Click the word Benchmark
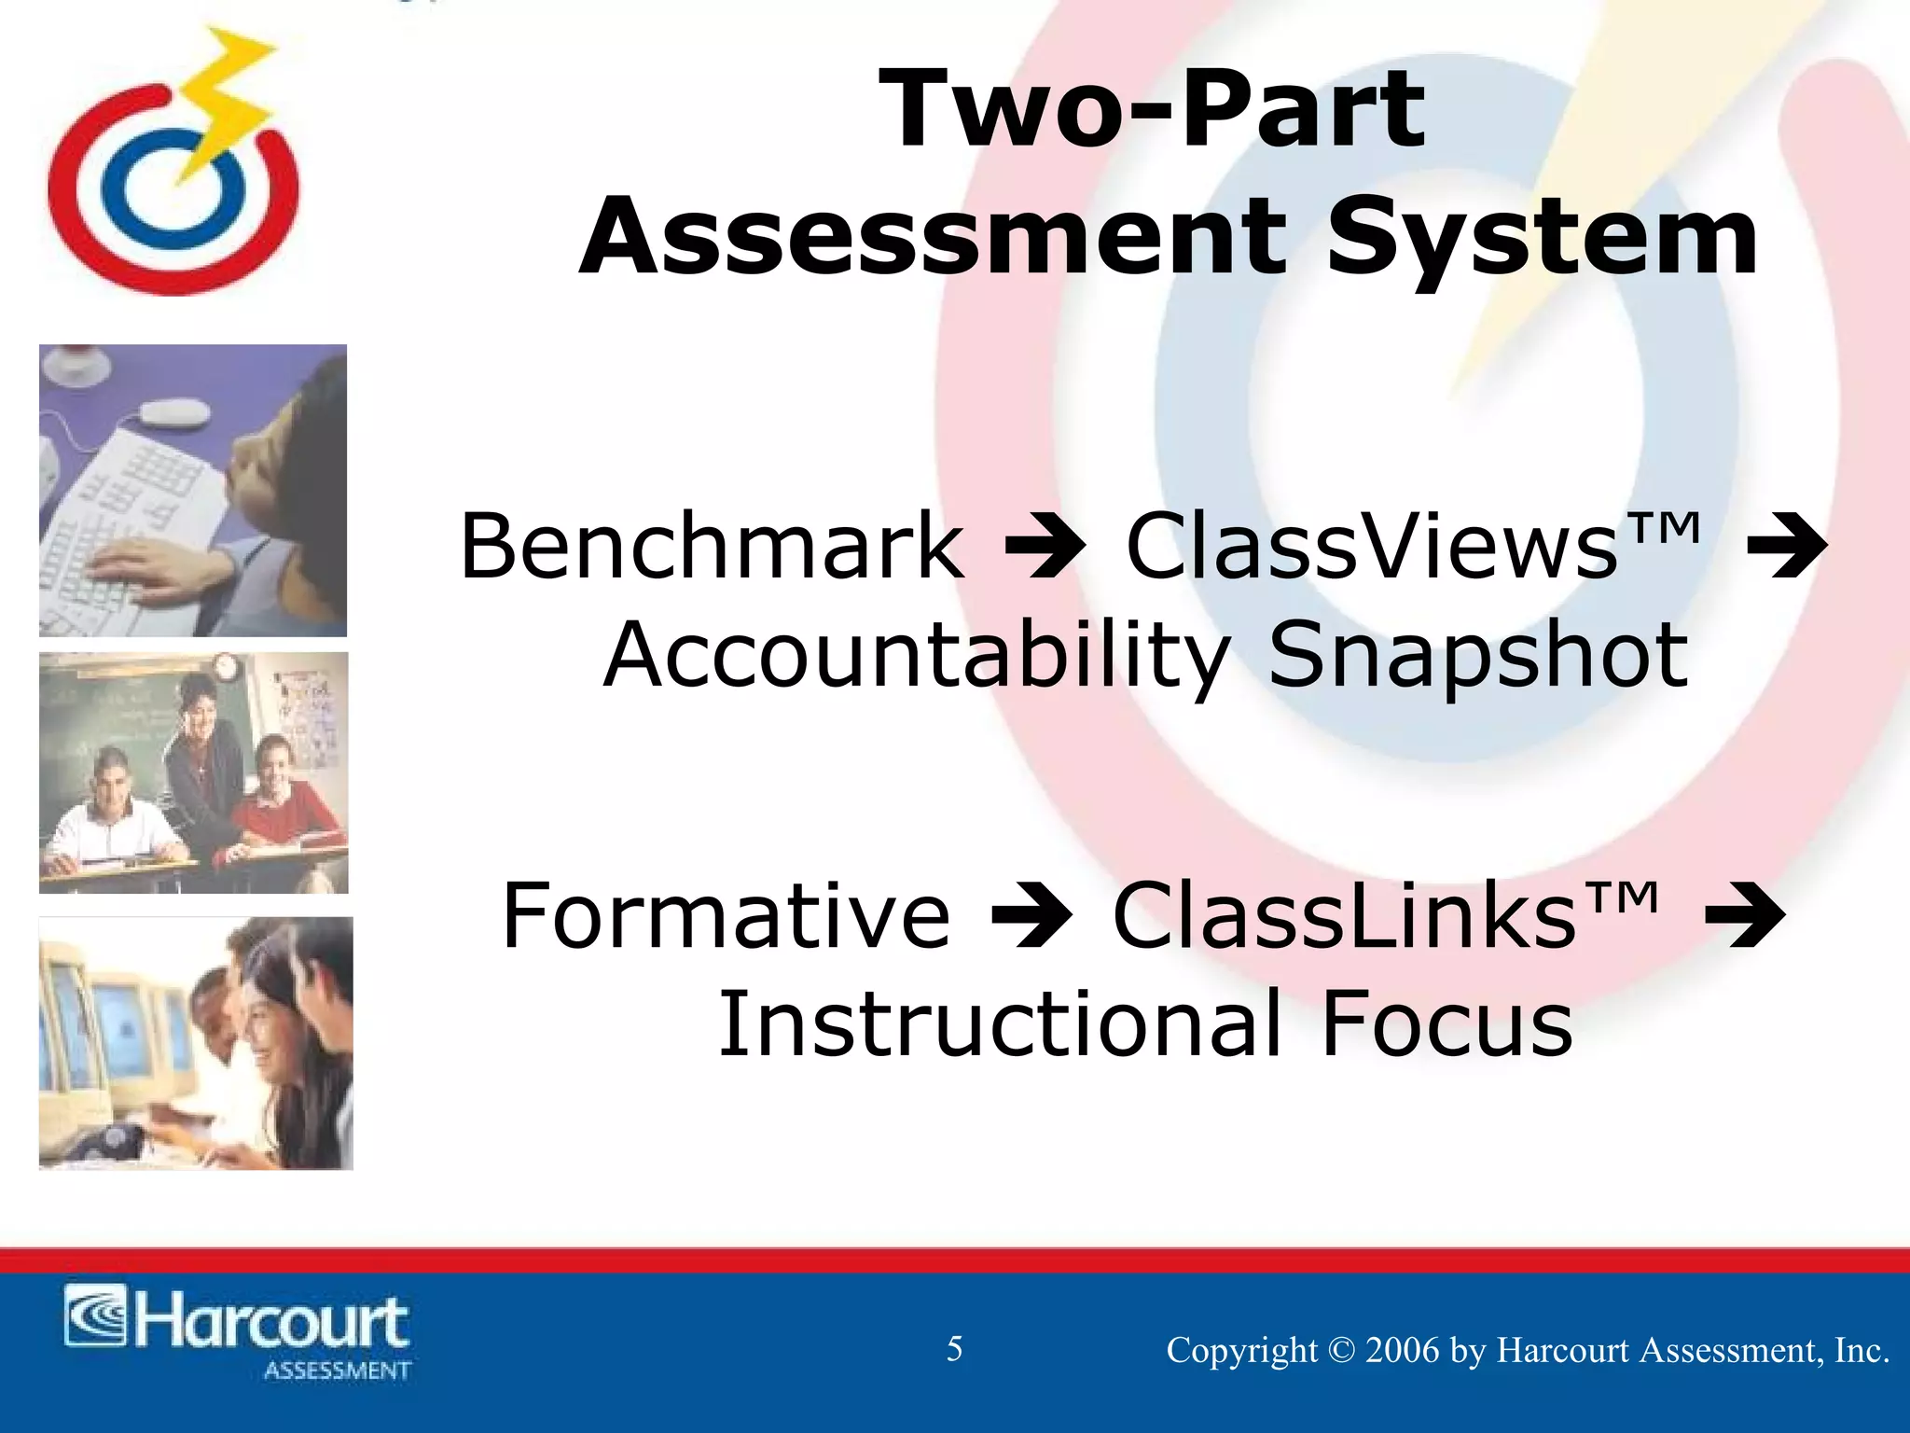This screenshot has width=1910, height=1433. coord(713,547)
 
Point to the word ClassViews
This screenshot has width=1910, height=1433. coord(1371,547)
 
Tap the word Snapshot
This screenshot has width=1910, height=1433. coord(1478,657)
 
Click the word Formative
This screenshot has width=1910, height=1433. coord(727,916)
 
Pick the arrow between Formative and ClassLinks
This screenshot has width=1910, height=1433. coord(1031,918)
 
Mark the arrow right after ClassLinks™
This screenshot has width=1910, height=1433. coord(1744,918)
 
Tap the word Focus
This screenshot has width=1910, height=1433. coord(1447,1024)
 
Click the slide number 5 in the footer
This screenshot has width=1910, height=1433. coord(954,1349)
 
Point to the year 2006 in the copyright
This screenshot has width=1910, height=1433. coord(1402,1351)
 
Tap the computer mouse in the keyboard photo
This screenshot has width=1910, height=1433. coord(175,413)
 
